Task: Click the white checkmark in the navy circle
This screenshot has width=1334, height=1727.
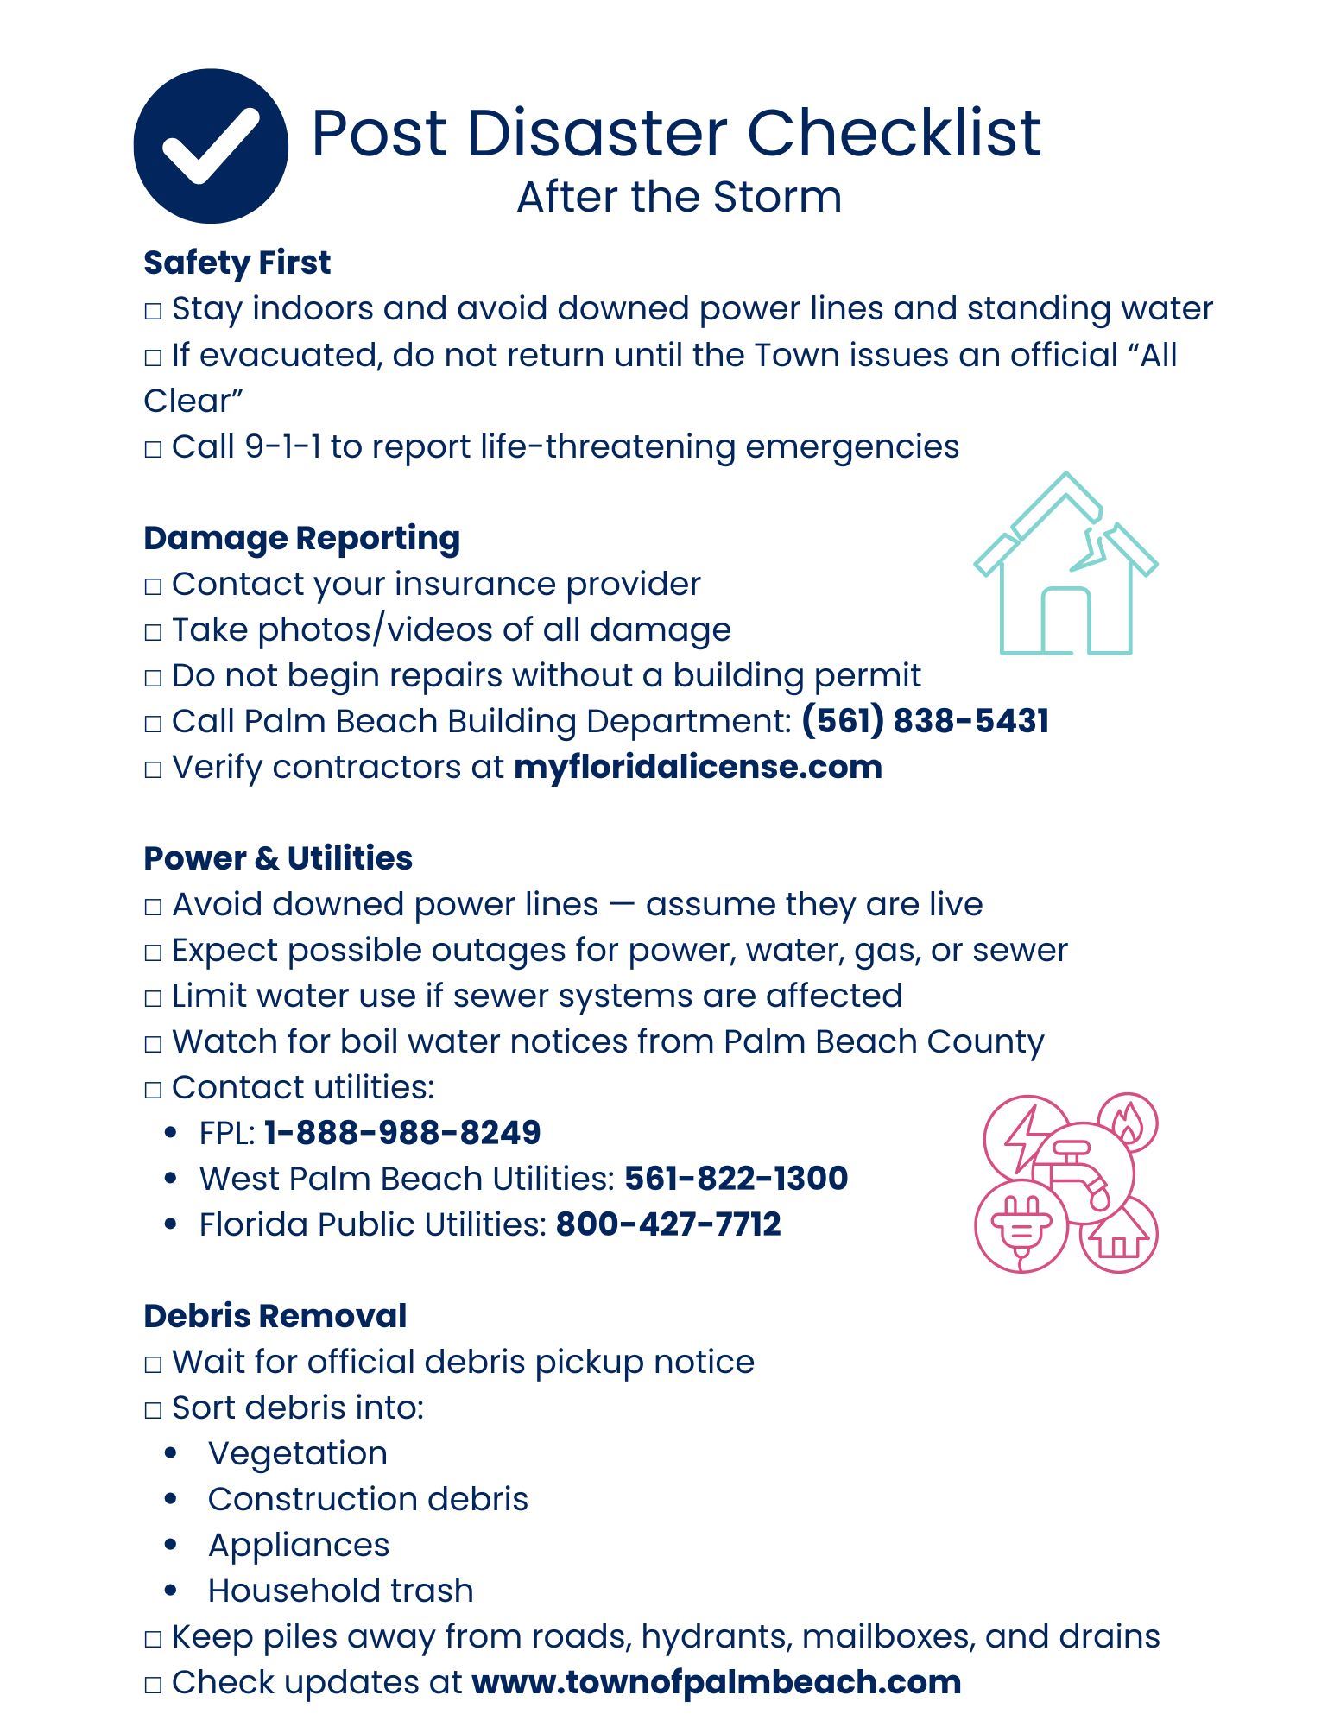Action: coord(211,146)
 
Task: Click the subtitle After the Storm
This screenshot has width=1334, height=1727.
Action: coord(679,197)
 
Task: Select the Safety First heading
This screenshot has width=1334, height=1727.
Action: coord(237,263)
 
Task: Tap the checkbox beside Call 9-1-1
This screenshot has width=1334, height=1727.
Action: coord(153,449)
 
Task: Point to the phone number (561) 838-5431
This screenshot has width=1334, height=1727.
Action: coord(925,721)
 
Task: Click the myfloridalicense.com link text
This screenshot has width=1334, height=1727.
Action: coord(698,767)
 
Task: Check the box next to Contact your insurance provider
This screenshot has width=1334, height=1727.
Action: coord(153,586)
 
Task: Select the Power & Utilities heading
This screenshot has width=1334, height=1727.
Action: coord(278,858)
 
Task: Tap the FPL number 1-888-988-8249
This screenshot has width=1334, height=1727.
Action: coord(402,1133)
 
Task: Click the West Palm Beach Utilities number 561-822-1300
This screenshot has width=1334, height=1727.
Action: coord(736,1179)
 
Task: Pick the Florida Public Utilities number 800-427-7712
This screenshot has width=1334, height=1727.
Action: coord(668,1224)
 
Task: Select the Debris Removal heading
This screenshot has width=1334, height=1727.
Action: coord(275,1316)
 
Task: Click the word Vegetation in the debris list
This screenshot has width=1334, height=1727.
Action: coord(297,1453)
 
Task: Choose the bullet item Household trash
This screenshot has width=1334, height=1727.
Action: coord(340,1591)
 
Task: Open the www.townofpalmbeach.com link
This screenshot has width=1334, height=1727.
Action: coord(716,1682)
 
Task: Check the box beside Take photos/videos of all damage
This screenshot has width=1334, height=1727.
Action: coord(153,632)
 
